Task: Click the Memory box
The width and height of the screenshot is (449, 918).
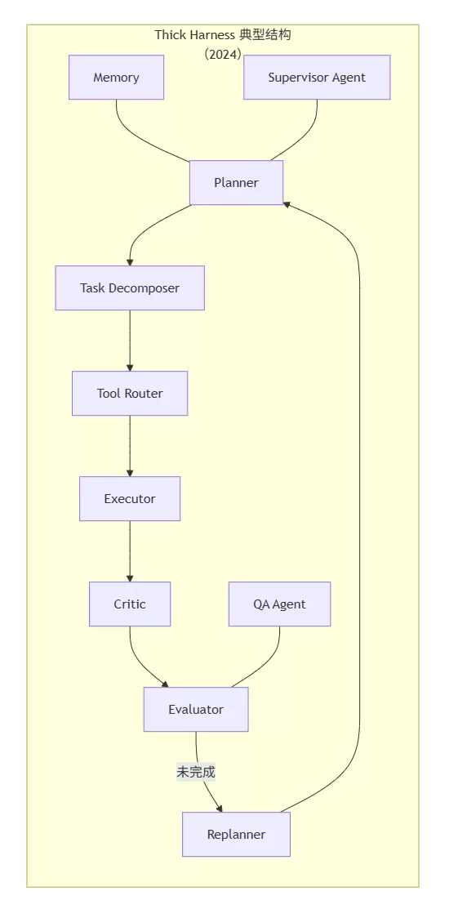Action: point(116,78)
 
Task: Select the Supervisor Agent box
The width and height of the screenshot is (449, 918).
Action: point(317,78)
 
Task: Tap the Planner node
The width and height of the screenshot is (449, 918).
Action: point(237,183)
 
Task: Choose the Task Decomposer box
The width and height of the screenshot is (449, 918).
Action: point(130,288)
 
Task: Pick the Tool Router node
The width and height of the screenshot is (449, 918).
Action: point(130,394)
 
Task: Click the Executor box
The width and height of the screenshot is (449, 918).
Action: point(130,499)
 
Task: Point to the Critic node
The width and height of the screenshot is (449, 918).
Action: point(130,604)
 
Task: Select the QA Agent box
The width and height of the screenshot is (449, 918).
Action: point(280,604)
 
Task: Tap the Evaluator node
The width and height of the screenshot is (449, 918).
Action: point(196,710)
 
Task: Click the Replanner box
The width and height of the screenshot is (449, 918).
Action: point(237,834)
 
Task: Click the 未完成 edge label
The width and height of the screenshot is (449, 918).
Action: point(196,773)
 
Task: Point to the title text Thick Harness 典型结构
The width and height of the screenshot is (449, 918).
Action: point(223,34)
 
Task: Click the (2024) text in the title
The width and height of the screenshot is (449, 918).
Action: point(223,55)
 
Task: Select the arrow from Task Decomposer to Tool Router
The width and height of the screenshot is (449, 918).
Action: point(130,341)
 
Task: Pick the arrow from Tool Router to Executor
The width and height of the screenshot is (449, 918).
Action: point(130,446)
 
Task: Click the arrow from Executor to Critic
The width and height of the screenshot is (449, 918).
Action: point(130,551)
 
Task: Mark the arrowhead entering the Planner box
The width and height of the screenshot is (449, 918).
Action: point(287,203)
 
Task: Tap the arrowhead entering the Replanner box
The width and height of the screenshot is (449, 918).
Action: point(220,809)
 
